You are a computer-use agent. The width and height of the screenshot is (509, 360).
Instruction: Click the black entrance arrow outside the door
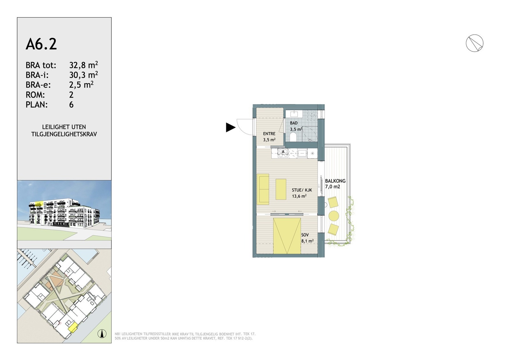[x=230, y=127]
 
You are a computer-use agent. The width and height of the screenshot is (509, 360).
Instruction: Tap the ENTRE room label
[x=269, y=134]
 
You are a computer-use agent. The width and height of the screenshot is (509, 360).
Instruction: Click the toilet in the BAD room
[x=293, y=137]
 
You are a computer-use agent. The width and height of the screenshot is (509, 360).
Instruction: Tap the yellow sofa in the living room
[x=263, y=189]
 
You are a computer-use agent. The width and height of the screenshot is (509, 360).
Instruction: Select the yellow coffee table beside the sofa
[x=281, y=189]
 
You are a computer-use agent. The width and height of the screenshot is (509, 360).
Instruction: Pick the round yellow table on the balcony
[x=334, y=216]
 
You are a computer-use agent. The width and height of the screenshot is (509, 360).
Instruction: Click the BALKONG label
[x=335, y=181]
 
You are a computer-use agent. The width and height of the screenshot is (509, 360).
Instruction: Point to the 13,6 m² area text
[x=299, y=196]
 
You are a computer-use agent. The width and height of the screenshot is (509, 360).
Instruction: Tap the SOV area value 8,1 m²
[x=307, y=241]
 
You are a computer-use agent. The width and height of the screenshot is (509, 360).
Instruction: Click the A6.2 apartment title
[x=41, y=44]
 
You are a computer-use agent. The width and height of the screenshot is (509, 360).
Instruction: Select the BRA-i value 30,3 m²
[x=84, y=75]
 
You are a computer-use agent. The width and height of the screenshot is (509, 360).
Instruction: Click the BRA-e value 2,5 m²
[x=81, y=85]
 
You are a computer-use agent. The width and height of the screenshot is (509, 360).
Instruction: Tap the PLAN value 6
[x=71, y=105]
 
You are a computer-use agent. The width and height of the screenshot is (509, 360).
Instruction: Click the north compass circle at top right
[x=474, y=43]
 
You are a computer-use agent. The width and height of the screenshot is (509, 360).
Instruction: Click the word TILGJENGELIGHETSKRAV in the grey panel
[x=64, y=134]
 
